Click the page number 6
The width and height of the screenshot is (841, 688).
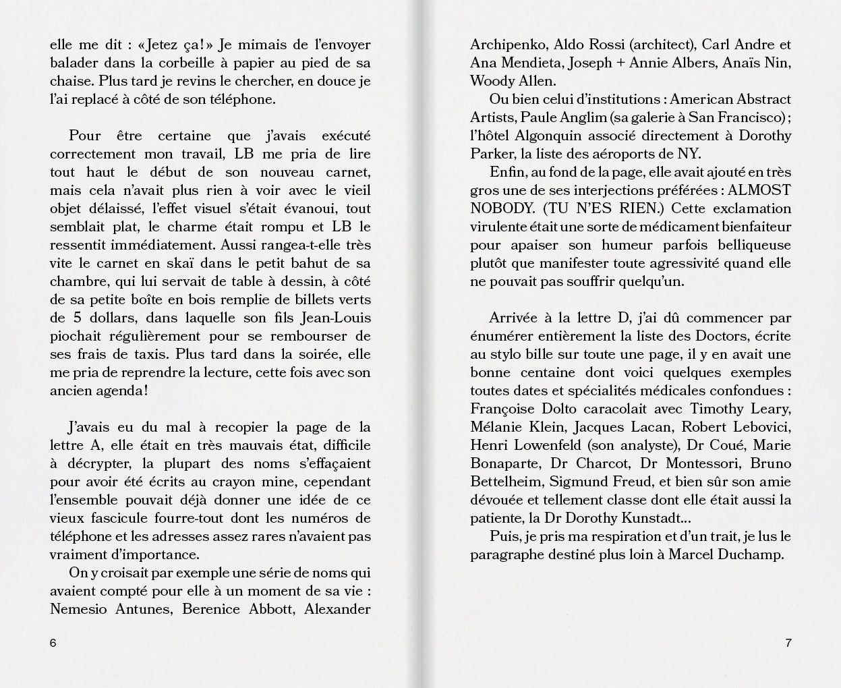(53, 643)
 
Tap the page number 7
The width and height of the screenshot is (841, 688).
(788, 643)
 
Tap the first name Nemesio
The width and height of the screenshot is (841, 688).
(78, 609)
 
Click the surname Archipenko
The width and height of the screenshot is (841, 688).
(509, 45)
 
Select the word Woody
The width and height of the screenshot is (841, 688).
(490, 81)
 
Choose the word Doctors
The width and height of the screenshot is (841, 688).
(730, 336)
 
